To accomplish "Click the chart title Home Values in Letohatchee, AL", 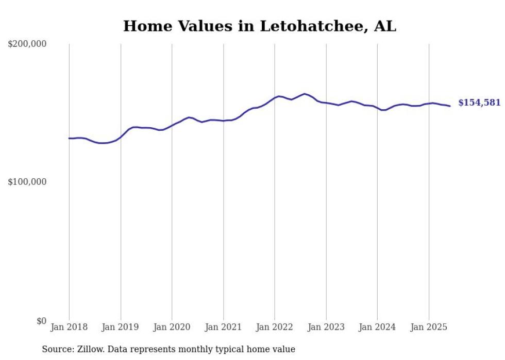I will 259,26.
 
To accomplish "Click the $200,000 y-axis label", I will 27,44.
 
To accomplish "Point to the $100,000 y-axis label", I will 27,182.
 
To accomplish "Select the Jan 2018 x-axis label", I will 69,327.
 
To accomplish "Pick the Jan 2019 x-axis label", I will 121,327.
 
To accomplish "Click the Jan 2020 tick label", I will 172,327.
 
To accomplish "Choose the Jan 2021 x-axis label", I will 223,327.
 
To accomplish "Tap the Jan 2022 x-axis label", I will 275,327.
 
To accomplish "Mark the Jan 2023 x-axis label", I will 326,327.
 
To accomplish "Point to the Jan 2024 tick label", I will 377,327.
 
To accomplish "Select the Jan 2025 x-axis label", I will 429,327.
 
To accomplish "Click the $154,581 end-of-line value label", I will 479,102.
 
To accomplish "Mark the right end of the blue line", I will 450,106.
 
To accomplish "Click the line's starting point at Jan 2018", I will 69,138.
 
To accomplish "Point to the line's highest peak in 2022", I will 305,94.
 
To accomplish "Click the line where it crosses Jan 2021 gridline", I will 223,121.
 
